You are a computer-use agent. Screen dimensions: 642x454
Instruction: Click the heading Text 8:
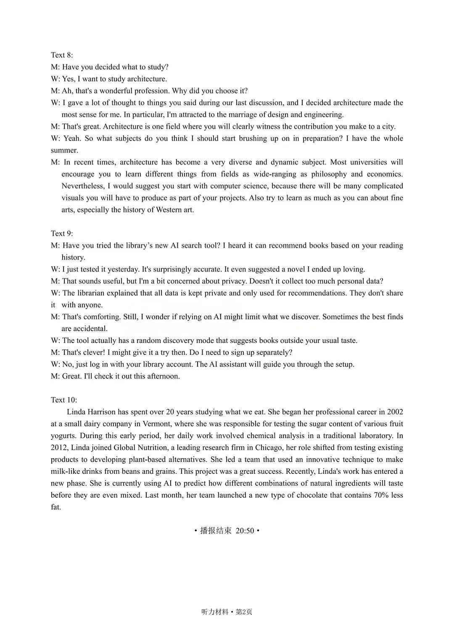(x=62, y=55)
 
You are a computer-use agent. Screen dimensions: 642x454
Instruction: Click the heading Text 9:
(x=62, y=233)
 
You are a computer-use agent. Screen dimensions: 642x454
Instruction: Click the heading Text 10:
(x=64, y=400)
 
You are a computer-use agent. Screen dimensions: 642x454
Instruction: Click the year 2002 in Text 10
(x=395, y=412)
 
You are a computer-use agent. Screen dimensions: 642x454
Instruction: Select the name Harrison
(x=101, y=412)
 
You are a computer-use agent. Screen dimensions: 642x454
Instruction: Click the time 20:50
(x=245, y=531)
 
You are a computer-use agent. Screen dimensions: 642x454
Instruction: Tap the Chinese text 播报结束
(x=216, y=531)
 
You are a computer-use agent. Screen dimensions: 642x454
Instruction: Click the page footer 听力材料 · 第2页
(x=227, y=612)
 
